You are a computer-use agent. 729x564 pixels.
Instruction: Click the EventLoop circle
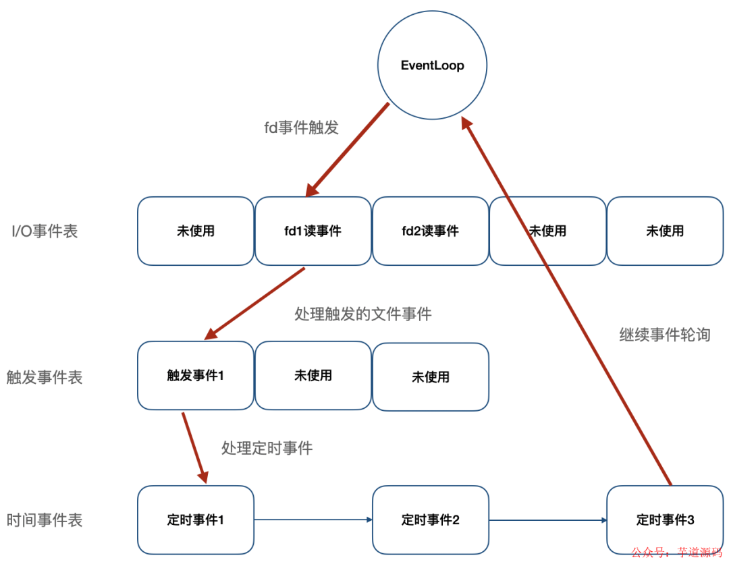432,65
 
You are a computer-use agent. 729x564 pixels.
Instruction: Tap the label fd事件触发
301,128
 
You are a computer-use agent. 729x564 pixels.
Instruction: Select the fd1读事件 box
313,231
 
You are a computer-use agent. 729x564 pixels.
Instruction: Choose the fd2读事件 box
430,231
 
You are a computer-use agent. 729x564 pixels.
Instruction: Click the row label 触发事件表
45,377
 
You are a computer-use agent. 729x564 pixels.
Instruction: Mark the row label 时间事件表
45,520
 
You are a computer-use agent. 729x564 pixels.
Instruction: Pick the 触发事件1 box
195,375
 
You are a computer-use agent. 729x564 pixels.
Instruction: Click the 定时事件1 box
195,520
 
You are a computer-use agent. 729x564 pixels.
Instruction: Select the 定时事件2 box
430,520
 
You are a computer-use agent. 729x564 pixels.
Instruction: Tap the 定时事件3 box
665,520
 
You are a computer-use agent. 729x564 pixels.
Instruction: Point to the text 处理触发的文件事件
363,314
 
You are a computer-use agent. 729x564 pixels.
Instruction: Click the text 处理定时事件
267,448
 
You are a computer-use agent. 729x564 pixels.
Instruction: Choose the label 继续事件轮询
665,335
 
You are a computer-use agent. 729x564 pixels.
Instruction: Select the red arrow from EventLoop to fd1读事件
348,150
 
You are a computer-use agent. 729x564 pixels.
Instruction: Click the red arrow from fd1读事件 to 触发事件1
255,303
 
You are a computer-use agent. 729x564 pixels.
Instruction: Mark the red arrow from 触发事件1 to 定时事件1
193,447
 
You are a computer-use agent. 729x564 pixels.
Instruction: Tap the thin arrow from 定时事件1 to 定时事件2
313,519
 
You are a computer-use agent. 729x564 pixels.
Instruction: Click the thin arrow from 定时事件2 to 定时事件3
547,519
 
